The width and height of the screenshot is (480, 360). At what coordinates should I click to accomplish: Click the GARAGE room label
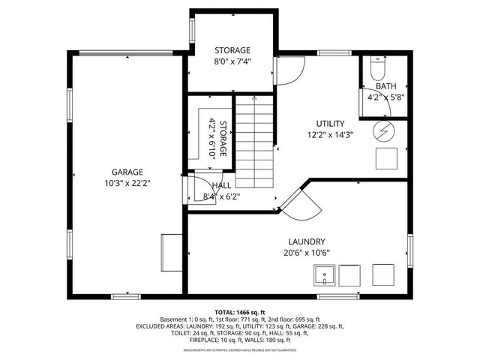pyautogui.click(x=127, y=172)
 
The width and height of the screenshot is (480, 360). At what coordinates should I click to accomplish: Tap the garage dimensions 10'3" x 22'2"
pyautogui.click(x=127, y=182)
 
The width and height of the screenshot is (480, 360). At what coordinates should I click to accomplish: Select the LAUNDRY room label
pyautogui.click(x=306, y=241)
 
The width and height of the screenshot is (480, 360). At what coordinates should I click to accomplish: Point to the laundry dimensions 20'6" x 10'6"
pyautogui.click(x=306, y=253)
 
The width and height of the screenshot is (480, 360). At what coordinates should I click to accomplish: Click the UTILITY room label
pyautogui.click(x=329, y=124)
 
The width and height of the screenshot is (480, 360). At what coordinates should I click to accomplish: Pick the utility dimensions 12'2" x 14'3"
pyautogui.click(x=329, y=135)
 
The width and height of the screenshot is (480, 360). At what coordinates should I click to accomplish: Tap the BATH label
pyautogui.click(x=385, y=86)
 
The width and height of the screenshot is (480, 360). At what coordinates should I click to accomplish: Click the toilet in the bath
pyautogui.click(x=378, y=70)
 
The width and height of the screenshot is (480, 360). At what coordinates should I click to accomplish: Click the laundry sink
pyautogui.click(x=324, y=276)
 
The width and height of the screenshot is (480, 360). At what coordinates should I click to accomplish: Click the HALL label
pyautogui.click(x=222, y=185)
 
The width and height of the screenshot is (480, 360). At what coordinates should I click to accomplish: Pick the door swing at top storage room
pyautogui.click(x=287, y=71)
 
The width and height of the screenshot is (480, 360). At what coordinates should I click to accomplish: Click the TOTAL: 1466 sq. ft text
pyautogui.click(x=240, y=312)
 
